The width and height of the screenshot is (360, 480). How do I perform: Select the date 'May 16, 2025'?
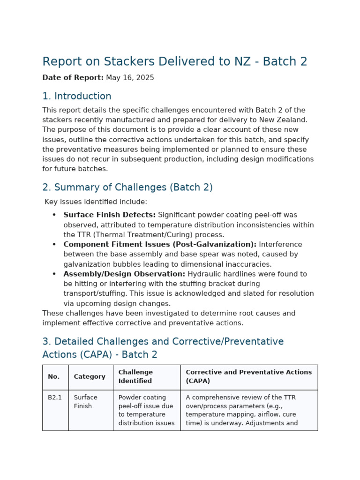coord(130,78)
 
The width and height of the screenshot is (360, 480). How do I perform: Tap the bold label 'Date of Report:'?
coord(73,78)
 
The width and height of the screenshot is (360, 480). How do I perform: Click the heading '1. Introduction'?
coord(77,97)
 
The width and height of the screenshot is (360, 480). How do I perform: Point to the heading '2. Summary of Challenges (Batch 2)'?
coord(127,187)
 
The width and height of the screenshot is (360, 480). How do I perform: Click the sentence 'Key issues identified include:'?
coord(96,202)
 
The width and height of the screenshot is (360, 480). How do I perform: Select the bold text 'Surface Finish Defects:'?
coord(109,215)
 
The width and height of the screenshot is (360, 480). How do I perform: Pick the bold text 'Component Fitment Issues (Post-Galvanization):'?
coord(160,245)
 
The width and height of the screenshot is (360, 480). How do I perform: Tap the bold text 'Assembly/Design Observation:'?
coord(124,274)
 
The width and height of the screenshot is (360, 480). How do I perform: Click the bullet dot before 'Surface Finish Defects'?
coord(54,215)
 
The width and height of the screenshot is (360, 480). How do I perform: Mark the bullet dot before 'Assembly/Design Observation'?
coord(54,274)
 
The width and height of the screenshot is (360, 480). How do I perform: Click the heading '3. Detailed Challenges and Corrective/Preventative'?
coord(163,342)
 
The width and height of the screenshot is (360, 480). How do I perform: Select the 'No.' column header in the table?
coord(53,377)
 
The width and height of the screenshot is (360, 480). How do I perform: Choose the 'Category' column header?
coord(90,377)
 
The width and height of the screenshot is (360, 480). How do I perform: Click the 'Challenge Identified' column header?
coord(135,376)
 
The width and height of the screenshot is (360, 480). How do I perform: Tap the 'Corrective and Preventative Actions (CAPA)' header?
coord(248,376)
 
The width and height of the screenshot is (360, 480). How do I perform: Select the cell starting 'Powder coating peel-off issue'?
coord(146,410)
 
